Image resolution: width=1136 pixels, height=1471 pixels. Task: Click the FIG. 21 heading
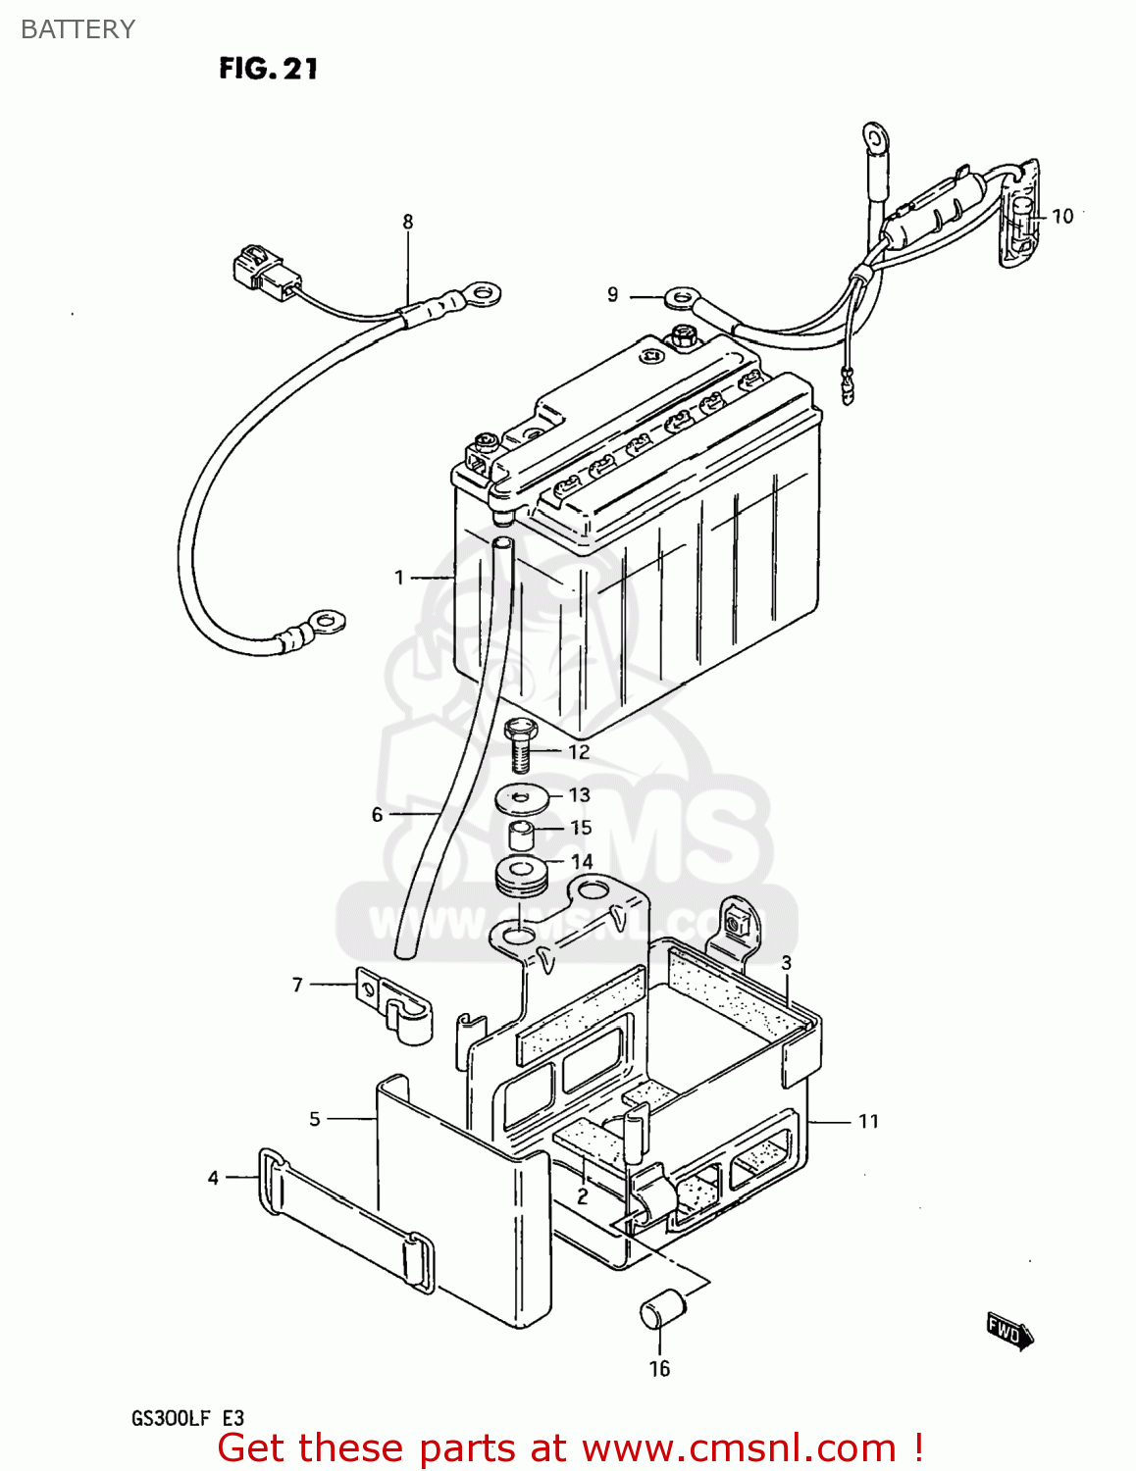[268, 69]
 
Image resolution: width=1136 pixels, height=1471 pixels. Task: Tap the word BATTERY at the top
[77, 29]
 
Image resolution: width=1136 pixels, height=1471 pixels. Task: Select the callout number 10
[1063, 216]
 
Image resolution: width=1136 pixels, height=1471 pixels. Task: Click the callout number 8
[408, 223]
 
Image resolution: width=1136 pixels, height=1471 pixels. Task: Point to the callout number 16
[659, 1368]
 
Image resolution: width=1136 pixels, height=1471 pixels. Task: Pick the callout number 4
[213, 1178]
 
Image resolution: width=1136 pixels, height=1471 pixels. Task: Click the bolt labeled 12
[520, 745]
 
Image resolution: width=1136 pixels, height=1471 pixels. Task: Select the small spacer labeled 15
[522, 837]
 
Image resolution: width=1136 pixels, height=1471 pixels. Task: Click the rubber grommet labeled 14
[520, 875]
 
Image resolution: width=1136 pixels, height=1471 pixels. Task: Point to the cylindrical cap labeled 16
[661, 1310]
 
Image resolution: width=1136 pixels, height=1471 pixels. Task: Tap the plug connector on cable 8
[260, 269]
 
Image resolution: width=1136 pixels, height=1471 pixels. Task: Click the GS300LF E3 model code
[187, 1418]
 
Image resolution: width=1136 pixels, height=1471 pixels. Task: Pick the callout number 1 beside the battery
[399, 577]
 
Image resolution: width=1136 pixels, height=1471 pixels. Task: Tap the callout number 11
[868, 1121]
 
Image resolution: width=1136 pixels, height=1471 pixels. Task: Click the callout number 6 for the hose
[377, 815]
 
